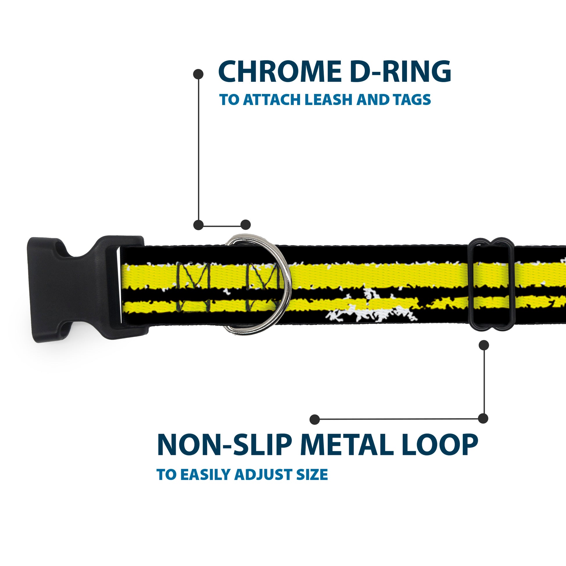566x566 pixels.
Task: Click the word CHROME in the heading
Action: click(277, 72)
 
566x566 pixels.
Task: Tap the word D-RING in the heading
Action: click(400, 72)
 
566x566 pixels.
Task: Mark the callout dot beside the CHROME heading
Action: click(198, 74)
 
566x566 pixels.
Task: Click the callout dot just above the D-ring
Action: click(245, 225)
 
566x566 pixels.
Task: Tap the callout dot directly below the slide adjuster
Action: click(484, 345)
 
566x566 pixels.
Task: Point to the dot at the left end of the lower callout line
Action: click(315, 419)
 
